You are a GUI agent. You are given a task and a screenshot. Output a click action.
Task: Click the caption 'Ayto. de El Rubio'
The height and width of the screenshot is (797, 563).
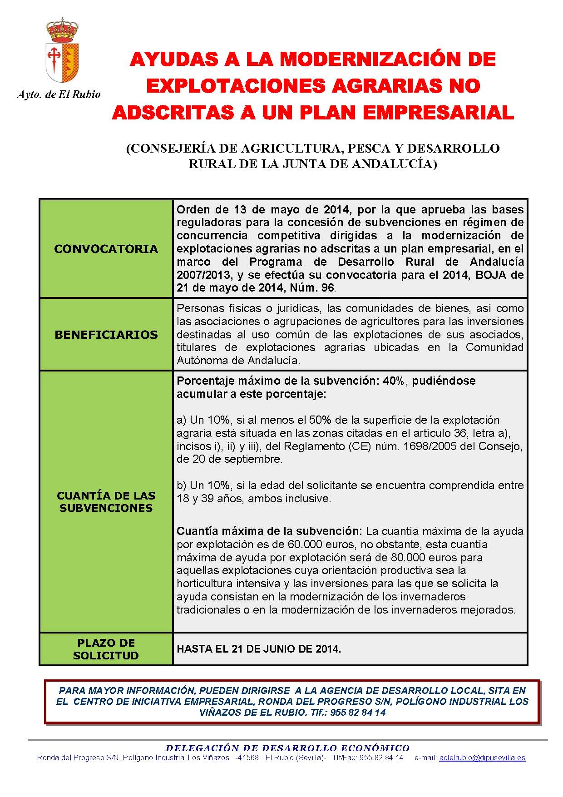(59, 94)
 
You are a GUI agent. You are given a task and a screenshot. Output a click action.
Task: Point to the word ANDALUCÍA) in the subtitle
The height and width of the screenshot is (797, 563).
(395, 164)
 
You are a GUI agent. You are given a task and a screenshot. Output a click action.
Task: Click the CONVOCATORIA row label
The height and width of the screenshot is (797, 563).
(106, 249)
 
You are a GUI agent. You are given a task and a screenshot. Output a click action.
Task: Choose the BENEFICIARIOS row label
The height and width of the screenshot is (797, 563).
(106, 335)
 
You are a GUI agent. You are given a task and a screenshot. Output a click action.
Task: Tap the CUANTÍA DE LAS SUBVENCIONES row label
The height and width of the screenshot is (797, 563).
(106, 502)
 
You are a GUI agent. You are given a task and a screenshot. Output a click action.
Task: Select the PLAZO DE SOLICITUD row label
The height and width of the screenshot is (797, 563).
(106, 649)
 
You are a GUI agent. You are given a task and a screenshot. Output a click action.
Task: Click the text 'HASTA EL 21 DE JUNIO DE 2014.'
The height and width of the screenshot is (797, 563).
(259, 649)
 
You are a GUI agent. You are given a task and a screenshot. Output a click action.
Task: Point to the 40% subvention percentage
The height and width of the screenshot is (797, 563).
(393, 381)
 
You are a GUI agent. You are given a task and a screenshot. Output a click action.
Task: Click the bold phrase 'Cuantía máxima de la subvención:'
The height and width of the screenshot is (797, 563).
(269, 531)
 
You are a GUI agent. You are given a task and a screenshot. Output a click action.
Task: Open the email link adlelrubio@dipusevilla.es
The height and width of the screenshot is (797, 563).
(482, 758)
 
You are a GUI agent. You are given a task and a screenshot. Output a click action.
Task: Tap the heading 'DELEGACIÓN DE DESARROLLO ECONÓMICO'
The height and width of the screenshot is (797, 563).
(287, 748)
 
